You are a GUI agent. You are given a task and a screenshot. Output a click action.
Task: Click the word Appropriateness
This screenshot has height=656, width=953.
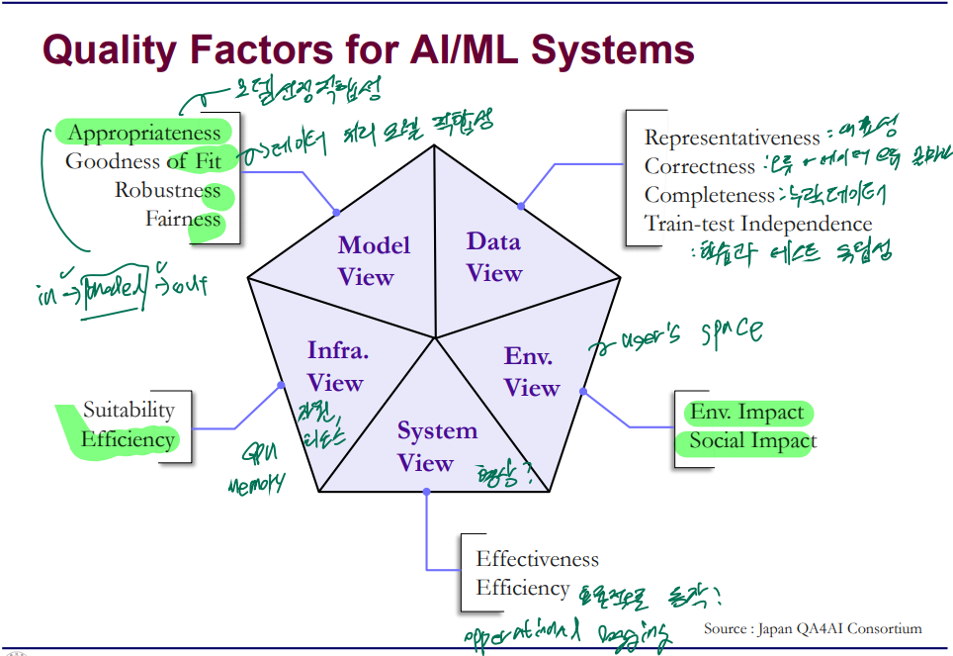coord(144,134)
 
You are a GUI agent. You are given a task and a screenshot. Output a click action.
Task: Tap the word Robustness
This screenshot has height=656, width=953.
coord(168,190)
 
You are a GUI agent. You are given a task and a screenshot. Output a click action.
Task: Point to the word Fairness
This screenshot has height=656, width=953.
coord(183,219)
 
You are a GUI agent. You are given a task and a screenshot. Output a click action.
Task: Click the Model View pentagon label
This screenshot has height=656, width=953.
coord(374,260)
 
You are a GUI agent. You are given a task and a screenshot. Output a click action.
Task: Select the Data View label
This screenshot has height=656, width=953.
coord(494,256)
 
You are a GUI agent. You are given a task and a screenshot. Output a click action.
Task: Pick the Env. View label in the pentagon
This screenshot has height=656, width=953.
coord(532,372)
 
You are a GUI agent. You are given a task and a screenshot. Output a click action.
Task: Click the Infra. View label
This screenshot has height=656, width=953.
coord(335,366)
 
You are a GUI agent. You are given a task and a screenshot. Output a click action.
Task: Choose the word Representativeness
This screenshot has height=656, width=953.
coord(733,138)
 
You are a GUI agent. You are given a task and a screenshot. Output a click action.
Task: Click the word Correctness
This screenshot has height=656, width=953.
coord(699,166)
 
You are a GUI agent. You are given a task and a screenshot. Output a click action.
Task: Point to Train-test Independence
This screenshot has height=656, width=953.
coord(758,224)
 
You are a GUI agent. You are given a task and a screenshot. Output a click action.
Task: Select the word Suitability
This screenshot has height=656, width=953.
coord(129,410)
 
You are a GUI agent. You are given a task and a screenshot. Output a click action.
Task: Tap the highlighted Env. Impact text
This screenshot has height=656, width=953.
coord(746,413)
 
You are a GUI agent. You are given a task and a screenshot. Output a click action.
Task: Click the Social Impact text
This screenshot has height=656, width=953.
coord(752,440)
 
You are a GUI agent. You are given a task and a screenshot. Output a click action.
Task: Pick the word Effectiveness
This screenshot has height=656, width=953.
coord(537,559)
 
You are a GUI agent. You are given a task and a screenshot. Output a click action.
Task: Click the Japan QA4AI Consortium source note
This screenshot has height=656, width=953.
coord(813,628)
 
